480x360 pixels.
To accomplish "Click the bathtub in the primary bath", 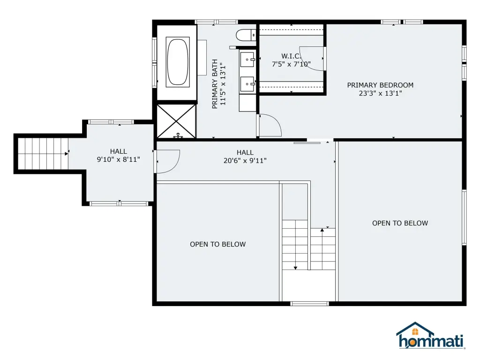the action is click(178, 62).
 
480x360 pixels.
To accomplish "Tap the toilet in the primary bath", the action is click(246, 35).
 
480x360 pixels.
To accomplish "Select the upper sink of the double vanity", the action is click(247, 60).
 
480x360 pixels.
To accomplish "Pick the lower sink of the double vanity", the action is click(247, 84).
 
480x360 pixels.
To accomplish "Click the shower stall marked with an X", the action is click(176, 121).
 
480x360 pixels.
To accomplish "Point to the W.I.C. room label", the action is click(291, 56).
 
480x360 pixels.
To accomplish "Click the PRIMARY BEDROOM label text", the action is click(380, 85).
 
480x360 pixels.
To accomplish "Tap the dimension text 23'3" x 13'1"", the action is click(380, 93).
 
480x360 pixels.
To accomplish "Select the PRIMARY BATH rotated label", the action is click(215, 84).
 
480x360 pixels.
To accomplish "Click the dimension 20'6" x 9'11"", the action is click(245, 161).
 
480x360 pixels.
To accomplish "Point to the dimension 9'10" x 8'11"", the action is click(119, 159).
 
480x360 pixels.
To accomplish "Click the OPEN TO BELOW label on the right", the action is click(400, 223).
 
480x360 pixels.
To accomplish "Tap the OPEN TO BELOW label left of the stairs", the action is click(217, 244).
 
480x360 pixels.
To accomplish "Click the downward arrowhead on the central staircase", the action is click(295, 268).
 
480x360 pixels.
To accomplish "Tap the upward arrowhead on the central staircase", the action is click(322, 230).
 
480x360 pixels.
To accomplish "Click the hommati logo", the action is click(431, 336).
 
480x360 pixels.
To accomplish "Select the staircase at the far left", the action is click(43, 154).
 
